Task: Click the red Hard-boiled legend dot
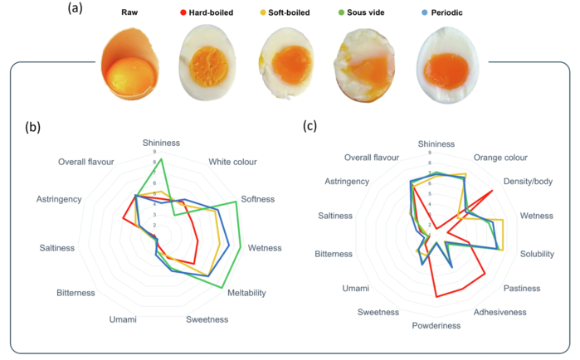pos(183,14)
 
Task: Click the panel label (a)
pos(77,12)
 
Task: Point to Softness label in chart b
pos(258,199)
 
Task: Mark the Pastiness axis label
pos(524,288)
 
